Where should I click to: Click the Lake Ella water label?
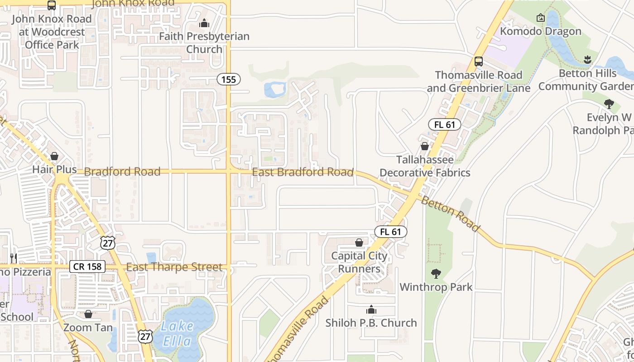point(178,333)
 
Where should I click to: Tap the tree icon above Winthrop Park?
point(436,273)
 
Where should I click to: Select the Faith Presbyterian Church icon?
point(204,23)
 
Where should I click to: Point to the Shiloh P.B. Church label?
point(371,323)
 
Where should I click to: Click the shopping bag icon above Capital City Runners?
point(359,243)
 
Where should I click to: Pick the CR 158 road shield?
point(87,267)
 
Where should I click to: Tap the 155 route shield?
point(229,80)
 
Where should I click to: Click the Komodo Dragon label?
point(540,31)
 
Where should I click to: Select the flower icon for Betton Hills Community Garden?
point(587,59)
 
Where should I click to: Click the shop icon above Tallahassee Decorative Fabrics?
point(425,146)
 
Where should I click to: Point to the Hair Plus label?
point(54,169)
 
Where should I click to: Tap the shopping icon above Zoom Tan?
point(88,314)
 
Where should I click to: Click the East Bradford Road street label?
point(303,172)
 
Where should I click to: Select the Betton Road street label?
point(450,214)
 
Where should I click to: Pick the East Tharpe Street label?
point(174,267)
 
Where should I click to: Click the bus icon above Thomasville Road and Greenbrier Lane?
point(478,62)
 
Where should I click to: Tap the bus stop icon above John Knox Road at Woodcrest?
point(52,5)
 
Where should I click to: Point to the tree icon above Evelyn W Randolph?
point(609,104)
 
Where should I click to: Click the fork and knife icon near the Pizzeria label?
point(14,258)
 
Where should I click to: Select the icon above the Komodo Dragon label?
point(540,18)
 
